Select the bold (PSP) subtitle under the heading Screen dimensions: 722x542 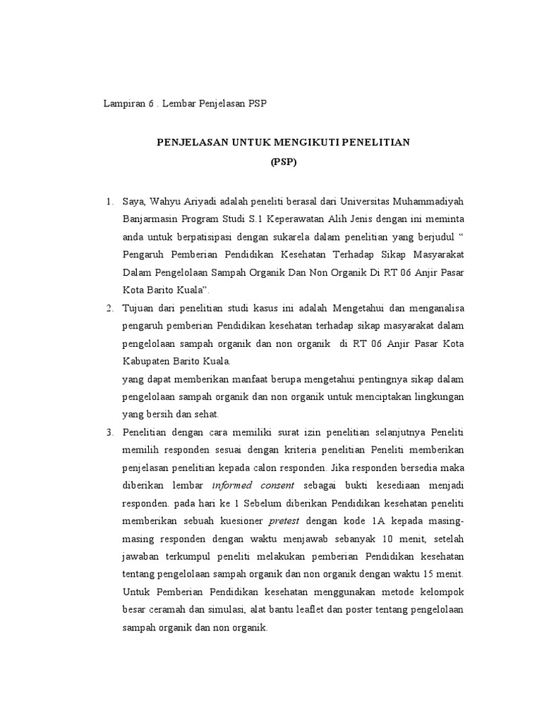coord(284,161)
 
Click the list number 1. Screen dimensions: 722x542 coord(109,203)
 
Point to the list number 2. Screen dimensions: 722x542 coord(109,308)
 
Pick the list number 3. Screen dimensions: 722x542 coord(109,432)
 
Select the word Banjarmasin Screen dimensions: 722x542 coord(151,221)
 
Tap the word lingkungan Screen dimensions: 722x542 coord(438,396)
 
